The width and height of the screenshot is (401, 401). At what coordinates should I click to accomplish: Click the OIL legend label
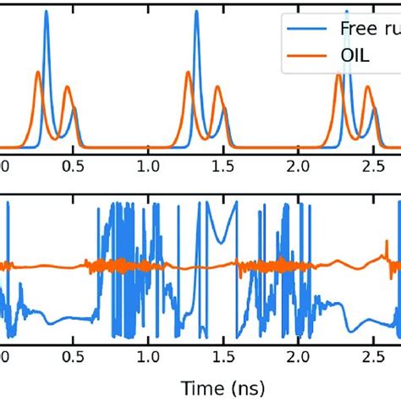(355, 64)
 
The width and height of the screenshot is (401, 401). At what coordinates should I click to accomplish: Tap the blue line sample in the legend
(306, 29)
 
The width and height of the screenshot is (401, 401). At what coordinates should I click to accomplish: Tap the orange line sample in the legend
(306, 64)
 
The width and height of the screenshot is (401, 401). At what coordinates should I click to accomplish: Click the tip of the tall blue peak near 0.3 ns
(46, 12)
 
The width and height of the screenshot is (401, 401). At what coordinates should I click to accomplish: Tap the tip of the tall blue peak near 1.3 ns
(196, 12)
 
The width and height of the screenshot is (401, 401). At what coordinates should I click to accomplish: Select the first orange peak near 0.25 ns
(38, 73)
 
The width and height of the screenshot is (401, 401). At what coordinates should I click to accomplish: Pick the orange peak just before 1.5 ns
(217, 87)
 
